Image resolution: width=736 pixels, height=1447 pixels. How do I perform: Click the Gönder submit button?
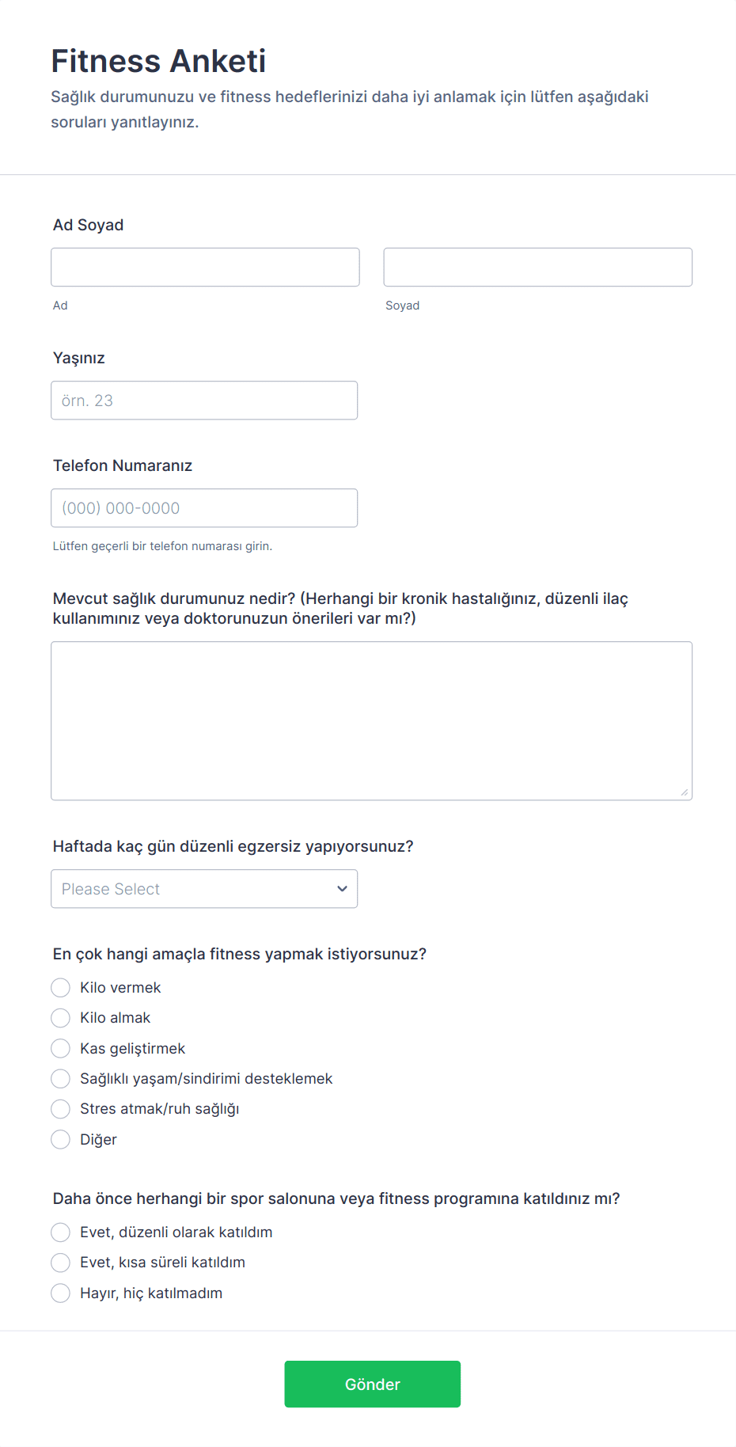pyautogui.click(x=372, y=1384)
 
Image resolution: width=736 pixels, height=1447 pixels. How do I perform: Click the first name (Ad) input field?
pyautogui.click(x=205, y=267)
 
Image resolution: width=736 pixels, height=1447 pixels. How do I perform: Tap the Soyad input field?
pyautogui.click(x=537, y=267)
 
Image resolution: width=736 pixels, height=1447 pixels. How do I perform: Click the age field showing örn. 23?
pyautogui.click(x=204, y=401)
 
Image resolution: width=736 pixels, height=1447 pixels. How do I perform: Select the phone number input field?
pyautogui.click(x=204, y=508)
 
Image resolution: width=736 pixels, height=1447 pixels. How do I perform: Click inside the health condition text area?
pyautogui.click(x=371, y=720)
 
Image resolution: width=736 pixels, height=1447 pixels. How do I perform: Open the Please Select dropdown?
pyautogui.click(x=204, y=889)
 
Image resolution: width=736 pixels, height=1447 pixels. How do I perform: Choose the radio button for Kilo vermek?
pyautogui.click(x=61, y=988)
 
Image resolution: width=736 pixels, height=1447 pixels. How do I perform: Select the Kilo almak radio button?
pyautogui.click(x=61, y=1018)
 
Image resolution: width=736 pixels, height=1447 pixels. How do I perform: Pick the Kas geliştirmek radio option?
pyautogui.click(x=61, y=1049)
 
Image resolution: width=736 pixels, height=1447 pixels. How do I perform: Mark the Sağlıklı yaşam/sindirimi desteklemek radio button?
pyautogui.click(x=61, y=1079)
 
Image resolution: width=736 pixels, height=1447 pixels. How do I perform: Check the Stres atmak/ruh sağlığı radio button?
pyautogui.click(x=61, y=1109)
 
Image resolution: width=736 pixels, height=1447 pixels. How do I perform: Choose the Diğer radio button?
pyautogui.click(x=61, y=1140)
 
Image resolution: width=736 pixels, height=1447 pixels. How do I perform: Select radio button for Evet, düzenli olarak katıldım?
pyautogui.click(x=61, y=1232)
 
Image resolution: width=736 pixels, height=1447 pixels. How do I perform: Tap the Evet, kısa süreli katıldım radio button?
pyautogui.click(x=61, y=1263)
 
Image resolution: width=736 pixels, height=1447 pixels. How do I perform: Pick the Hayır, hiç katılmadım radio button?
pyautogui.click(x=61, y=1293)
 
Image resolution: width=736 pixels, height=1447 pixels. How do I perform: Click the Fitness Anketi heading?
pyautogui.click(x=158, y=61)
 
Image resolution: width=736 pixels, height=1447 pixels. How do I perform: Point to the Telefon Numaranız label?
pyautogui.click(x=123, y=465)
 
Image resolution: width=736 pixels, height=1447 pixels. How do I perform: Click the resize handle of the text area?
pyautogui.click(x=685, y=792)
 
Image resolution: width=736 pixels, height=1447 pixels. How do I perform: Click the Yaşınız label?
pyautogui.click(x=79, y=358)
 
